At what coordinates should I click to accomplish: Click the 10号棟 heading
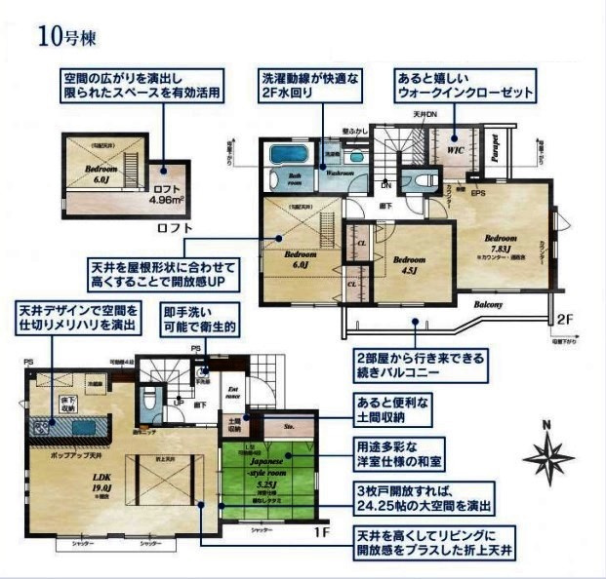pyautogui.click(x=67, y=38)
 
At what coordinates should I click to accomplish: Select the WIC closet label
pyautogui.click(x=455, y=151)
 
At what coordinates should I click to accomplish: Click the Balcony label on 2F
pyautogui.click(x=488, y=304)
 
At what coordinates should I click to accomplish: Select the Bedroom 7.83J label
pyautogui.click(x=500, y=243)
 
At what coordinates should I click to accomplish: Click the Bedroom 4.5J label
pyautogui.click(x=410, y=265)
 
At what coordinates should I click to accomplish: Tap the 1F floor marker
pyautogui.click(x=321, y=535)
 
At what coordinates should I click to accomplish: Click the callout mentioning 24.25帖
pyautogui.click(x=423, y=499)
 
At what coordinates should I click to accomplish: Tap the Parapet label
pyautogui.click(x=495, y=148)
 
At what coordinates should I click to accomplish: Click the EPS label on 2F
pyautogui.click(x=478, y=194)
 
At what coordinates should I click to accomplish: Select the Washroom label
pyautogui.click(x=339, y=173)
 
